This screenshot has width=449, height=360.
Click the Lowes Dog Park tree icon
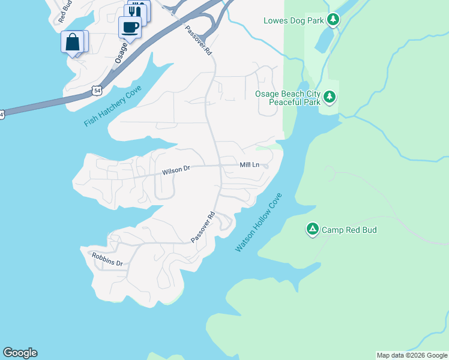click(x=334, y=20)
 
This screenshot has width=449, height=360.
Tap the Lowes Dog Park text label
click(x=294, y=21)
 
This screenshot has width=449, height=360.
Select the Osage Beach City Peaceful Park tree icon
click(x=329, y=97)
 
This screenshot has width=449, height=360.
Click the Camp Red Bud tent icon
click(x=312, y=229)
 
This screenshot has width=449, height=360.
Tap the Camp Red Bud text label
click(x=349, y=230)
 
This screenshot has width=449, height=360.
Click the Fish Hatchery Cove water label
click(x=112, y=106)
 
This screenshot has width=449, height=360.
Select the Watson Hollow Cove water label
click(x=258, y=222)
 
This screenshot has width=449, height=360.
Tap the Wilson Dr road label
click(x=175, y=170)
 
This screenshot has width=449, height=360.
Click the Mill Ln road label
click(x=249, y=164)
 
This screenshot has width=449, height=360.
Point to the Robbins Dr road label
click(x=107, y=259)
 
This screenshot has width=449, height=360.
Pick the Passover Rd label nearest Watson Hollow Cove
click(x=203, y=227)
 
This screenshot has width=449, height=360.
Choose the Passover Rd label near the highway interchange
click(x=199, y=40)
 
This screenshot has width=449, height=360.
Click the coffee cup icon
click(x=130, y=26)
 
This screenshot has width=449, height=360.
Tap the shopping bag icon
click(x=73, y=42)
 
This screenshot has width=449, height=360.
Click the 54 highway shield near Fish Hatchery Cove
click(x=97, y=90)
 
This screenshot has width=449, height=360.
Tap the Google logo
click(x=20, y=353)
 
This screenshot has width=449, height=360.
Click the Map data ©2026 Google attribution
click(x=412, y=355)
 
